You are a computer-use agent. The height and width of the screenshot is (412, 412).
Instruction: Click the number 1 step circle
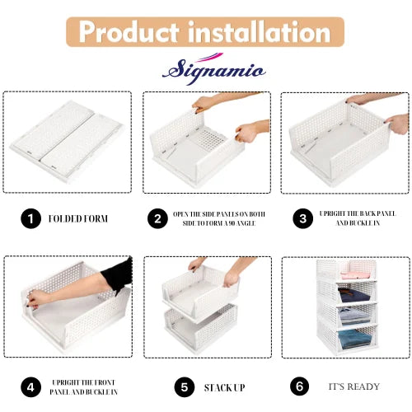[30, 218]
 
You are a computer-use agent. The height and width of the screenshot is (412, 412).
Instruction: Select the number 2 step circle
[157, 218]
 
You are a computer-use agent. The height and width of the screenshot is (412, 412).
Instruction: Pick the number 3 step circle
[304, 218]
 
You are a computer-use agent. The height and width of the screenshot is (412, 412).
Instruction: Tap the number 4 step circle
[30, 386]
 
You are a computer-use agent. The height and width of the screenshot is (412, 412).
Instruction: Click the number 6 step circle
[300, 386]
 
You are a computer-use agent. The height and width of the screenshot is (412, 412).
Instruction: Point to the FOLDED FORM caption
[78, 219]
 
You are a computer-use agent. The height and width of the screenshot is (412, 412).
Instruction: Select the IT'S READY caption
[354, 386]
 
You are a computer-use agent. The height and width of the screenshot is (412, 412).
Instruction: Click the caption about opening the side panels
[218, 218]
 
